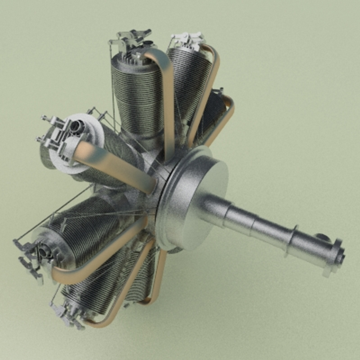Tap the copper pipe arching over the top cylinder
point(167,93)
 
